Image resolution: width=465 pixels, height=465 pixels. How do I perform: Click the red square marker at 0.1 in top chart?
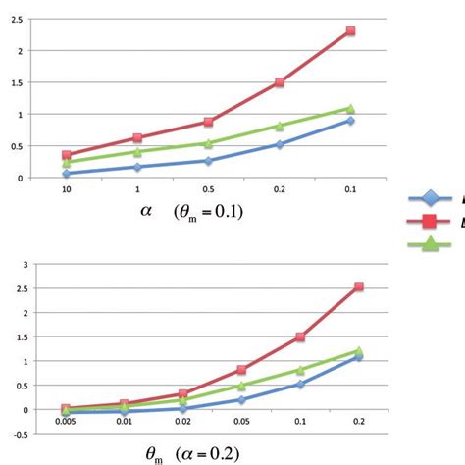[x=350, y=31]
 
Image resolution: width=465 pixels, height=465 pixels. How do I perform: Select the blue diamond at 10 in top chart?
[x=67, y=173]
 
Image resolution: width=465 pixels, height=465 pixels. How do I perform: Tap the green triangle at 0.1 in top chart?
[x=350, y=108]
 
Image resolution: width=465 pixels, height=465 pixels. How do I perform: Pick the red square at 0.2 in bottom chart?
[x=359, y=286]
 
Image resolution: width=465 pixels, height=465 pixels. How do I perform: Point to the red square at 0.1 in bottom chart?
[x=300, y=336]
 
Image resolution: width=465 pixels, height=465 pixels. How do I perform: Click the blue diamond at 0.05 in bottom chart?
[x=240, y=399]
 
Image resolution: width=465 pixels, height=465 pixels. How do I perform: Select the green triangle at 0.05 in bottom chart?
[x=240, y=386]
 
